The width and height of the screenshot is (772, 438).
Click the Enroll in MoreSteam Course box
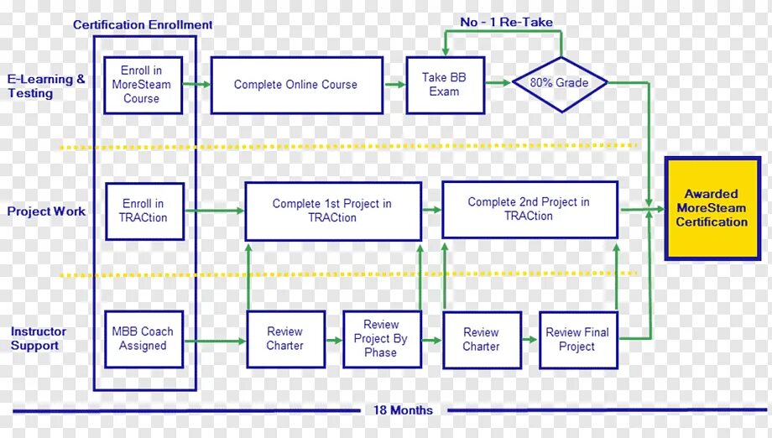[x=142, y=85]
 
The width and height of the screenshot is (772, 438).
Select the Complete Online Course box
[x=296, y=85]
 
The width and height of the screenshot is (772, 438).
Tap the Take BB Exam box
[x=445, y=85]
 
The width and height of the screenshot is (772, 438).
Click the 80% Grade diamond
[x=561, y=84]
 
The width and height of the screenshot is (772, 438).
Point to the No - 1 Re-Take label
[x=506, y=22]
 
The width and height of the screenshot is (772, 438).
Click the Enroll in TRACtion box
[x=144, y=211]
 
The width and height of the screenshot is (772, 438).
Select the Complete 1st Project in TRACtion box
[x=332, y=211]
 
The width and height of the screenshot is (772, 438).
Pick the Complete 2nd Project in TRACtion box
[x=529, y=209]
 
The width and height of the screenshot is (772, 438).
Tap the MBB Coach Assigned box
[x=143, y=339]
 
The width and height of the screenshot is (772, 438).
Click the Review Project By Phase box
[x=381, y=339]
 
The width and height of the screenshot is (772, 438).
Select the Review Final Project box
[x=577, y=339]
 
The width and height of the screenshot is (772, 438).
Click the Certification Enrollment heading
[x=143, y=25]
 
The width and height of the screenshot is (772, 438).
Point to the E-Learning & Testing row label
[x=46, y=86]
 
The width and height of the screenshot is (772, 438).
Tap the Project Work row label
[x=46, y=211]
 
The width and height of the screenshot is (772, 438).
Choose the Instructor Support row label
[x=38, y=339]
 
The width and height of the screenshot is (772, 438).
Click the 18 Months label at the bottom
[x=404, y=410]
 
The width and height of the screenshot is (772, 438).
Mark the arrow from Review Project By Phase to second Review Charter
[x=430, y=340]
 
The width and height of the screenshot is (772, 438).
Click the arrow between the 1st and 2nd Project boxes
[x=431, y=210]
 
